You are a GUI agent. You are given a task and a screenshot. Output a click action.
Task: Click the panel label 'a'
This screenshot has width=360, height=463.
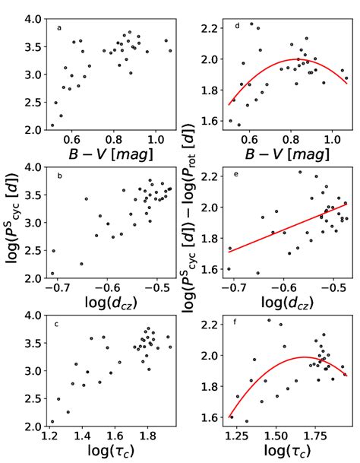[x=59, y=28]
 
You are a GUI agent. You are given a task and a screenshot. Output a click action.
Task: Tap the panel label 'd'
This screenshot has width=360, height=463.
[x=238, y=27]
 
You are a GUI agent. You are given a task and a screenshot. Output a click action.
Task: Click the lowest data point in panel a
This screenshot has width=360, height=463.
[x=52, y=125]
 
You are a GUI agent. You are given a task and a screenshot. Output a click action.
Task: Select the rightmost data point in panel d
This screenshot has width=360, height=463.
[x=347, y=78]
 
